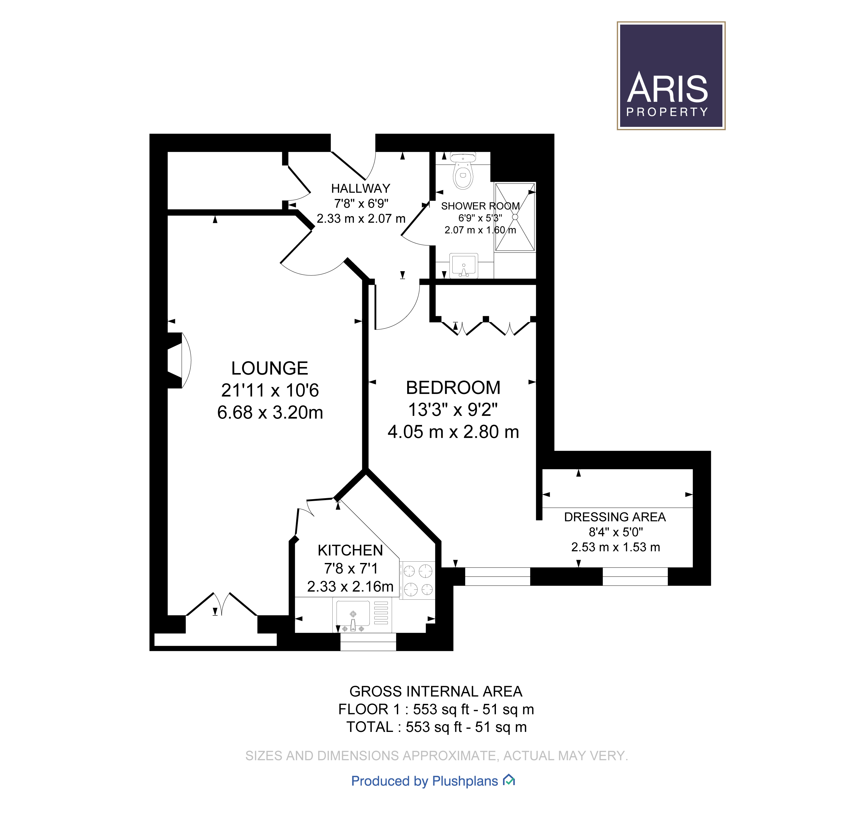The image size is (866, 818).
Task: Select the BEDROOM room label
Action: pos(453,388)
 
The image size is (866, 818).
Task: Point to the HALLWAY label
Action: pos(360,188)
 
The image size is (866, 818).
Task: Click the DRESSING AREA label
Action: pos(615,517)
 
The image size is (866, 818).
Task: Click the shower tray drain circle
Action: pos(515,217)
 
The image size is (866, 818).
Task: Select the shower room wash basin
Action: pos(464,265)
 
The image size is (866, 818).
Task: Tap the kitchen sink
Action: pos(353,614)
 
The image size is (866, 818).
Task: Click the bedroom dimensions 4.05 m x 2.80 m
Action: pos(453,432)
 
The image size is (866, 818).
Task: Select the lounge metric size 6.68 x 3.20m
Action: pos(270,412)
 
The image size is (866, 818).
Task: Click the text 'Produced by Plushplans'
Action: pos(424,781)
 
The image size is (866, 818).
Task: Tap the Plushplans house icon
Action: pos(509,780)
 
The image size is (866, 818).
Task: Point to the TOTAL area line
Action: pos(436,727)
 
